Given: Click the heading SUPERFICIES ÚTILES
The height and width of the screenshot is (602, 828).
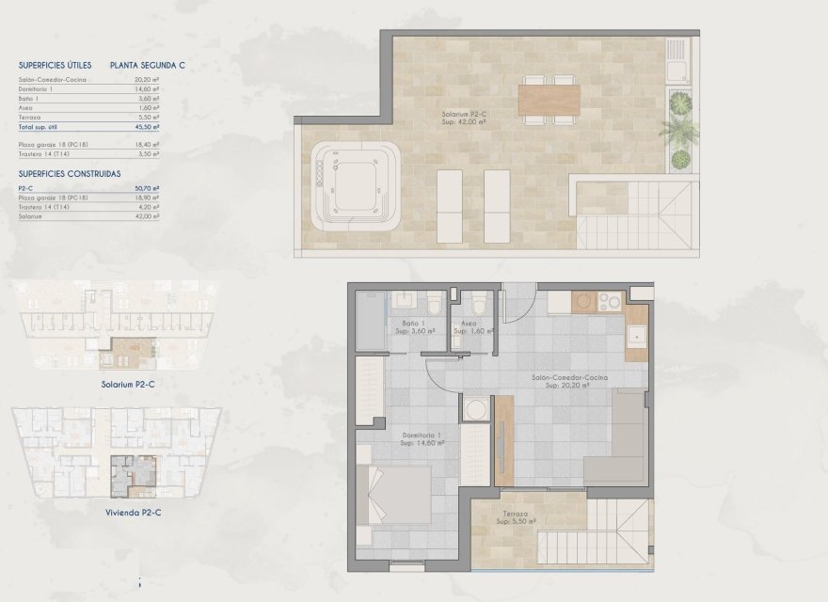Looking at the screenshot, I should click(x=55, y=66).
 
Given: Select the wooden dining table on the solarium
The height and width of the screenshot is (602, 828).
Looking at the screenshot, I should click(x=549, y=99).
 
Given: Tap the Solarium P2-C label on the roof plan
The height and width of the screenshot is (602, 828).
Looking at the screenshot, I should click(x=465, y=116).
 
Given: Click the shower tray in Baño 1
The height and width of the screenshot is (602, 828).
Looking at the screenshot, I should click(x=371, y=321).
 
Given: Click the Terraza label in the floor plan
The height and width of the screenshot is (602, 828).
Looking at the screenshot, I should click(x=515, y=515).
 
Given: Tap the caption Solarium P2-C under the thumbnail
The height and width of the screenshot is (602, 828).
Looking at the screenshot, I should click(x=128, y=384).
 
